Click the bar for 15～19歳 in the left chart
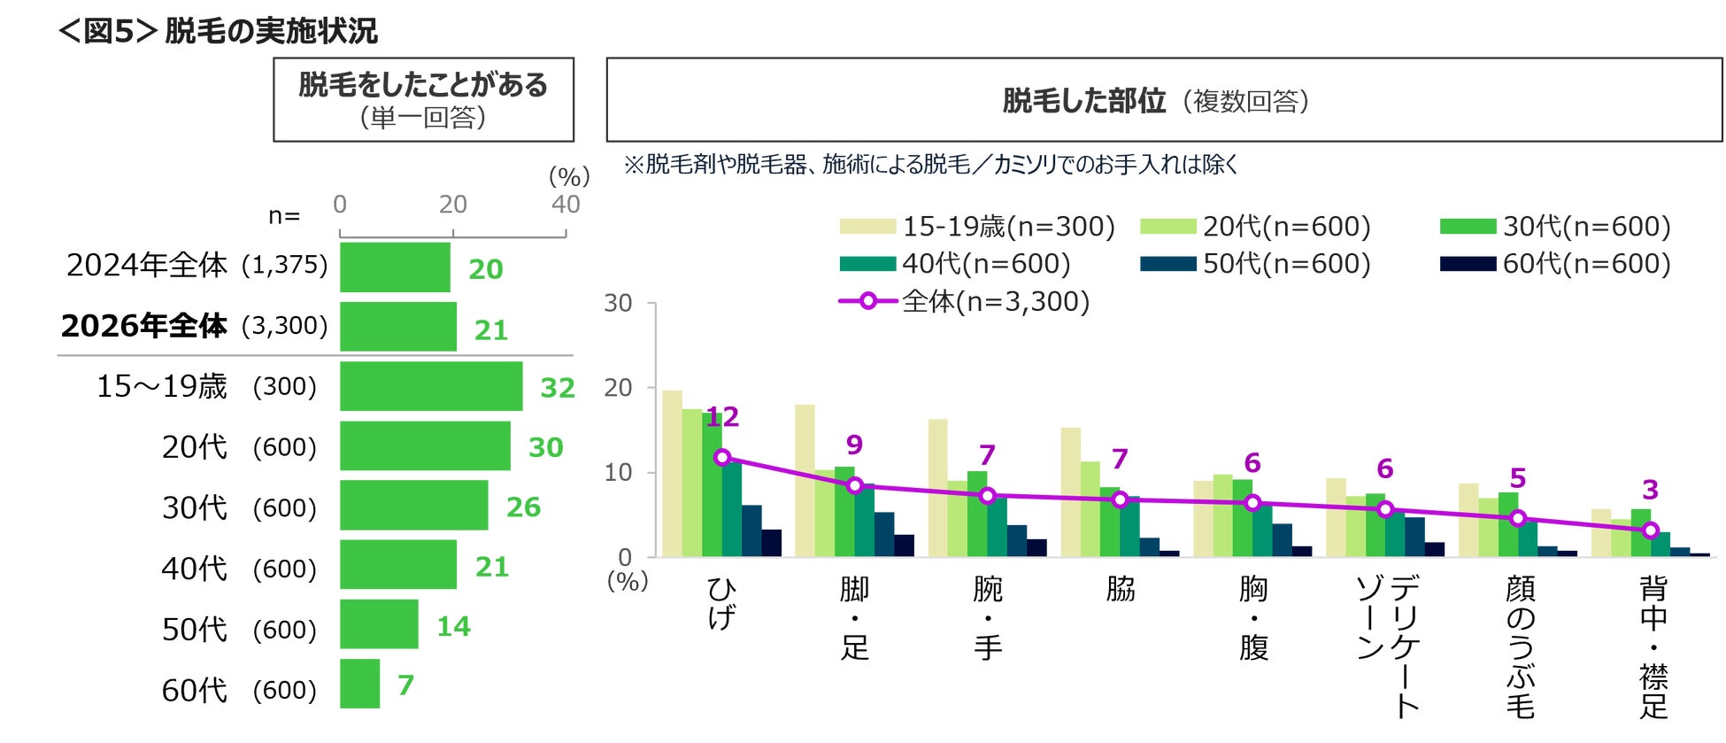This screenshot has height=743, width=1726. [x=431, y=386]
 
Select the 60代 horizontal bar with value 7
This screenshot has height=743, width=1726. [x=359, y=684]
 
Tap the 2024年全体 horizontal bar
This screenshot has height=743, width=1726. [x=395, y=267]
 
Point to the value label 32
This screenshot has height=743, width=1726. [x=558, y=388]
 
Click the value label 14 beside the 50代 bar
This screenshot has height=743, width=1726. [x=454, y=627]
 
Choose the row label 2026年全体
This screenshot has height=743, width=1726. [x=144, y=326]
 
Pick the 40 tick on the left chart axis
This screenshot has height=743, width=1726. [x=566, y=205]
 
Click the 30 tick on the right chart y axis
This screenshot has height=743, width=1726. [x=618, y=304]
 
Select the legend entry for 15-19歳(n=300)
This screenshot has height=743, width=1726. [x=977, y=227]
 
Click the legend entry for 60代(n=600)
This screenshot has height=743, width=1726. [x=1555, y=264]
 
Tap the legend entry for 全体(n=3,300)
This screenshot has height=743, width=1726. [x=964, y=302]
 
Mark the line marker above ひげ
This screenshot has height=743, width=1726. [x=722, y=457]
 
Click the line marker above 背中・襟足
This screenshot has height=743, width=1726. [x=1650, y=530]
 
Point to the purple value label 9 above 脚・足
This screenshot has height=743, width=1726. [x=854, y=445]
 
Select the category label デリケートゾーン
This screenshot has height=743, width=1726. [x=1387, y=645]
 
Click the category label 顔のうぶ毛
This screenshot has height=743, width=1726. [x=1520, y=646]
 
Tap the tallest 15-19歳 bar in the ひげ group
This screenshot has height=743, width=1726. [x=672, y=474]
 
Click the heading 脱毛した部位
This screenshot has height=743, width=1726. [x=1083, y=101]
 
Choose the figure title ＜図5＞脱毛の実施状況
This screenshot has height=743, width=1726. [x=219, y=31]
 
